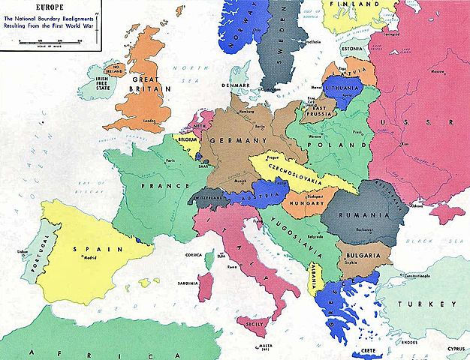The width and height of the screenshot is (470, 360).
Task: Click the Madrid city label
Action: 90,257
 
